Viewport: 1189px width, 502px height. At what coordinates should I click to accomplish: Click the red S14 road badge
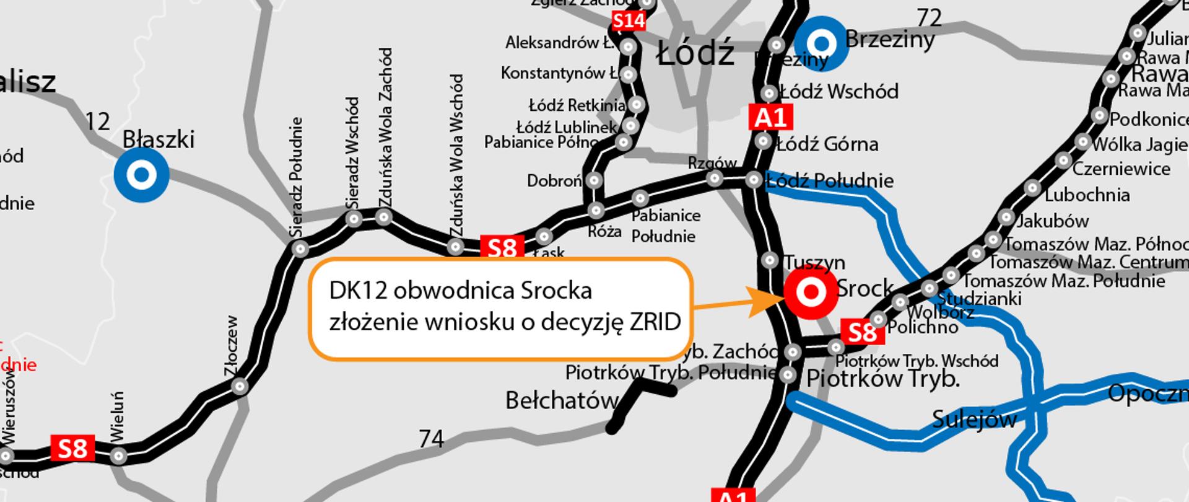tap(629, 22)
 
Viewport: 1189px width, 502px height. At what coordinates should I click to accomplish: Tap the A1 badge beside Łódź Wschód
tap(770, 117)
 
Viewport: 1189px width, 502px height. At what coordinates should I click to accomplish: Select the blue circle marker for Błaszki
tap(141, 175)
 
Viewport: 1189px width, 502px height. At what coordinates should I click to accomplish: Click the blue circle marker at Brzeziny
tap(821, 43)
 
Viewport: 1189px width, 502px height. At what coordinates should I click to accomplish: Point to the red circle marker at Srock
tap(811, 293)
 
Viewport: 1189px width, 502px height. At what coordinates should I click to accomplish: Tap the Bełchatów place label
tap(562, 401)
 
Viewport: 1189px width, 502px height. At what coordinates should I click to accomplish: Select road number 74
tap(431, 439)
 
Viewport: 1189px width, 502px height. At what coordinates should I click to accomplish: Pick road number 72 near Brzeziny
tap(929, 19)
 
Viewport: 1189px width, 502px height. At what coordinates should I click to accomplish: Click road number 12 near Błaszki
tap(97, 121)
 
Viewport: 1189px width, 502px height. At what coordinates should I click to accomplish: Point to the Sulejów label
tap(974, 420)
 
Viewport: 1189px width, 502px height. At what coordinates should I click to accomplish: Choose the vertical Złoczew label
tap(232, 345)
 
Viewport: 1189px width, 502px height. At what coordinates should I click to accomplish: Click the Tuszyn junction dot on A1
tap(770, 259)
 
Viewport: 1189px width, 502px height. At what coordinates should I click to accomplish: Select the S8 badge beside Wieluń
tap(72, 447)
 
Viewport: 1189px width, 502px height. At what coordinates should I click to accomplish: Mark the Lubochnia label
tap(1087, 195)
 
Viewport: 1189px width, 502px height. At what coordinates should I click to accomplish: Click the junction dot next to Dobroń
tap(594, 180)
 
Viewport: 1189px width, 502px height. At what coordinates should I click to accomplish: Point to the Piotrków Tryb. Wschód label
tap(917, 361)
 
